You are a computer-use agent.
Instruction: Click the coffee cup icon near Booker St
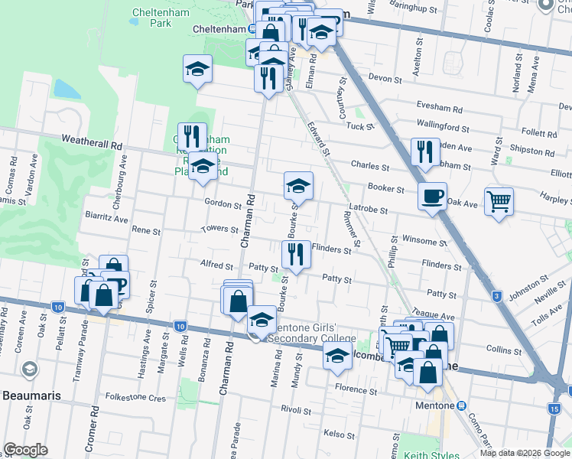pyautogui.click(x=432, y=197)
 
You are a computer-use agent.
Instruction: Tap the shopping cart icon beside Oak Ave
pyautogui.click(x=499, y=202)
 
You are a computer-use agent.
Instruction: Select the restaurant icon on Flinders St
pyautogui.click(x=295, y=255)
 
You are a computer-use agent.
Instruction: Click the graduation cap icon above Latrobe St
pyautogui.click(x=298, y=185)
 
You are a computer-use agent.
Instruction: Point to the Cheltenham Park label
pyautogui.click(x=151, y=18)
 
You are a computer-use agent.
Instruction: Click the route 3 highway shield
pyautogui.click(x=497, y=296)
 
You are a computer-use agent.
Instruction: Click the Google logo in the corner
pyautogui.click(x=26, y=450)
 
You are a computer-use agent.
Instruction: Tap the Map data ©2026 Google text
pyautogui.click(x=525, y=453)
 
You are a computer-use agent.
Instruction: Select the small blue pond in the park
pyautogui.click(x=67, y=90)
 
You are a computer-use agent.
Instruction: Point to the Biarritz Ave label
pyautogui.click(x=106, y=217)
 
